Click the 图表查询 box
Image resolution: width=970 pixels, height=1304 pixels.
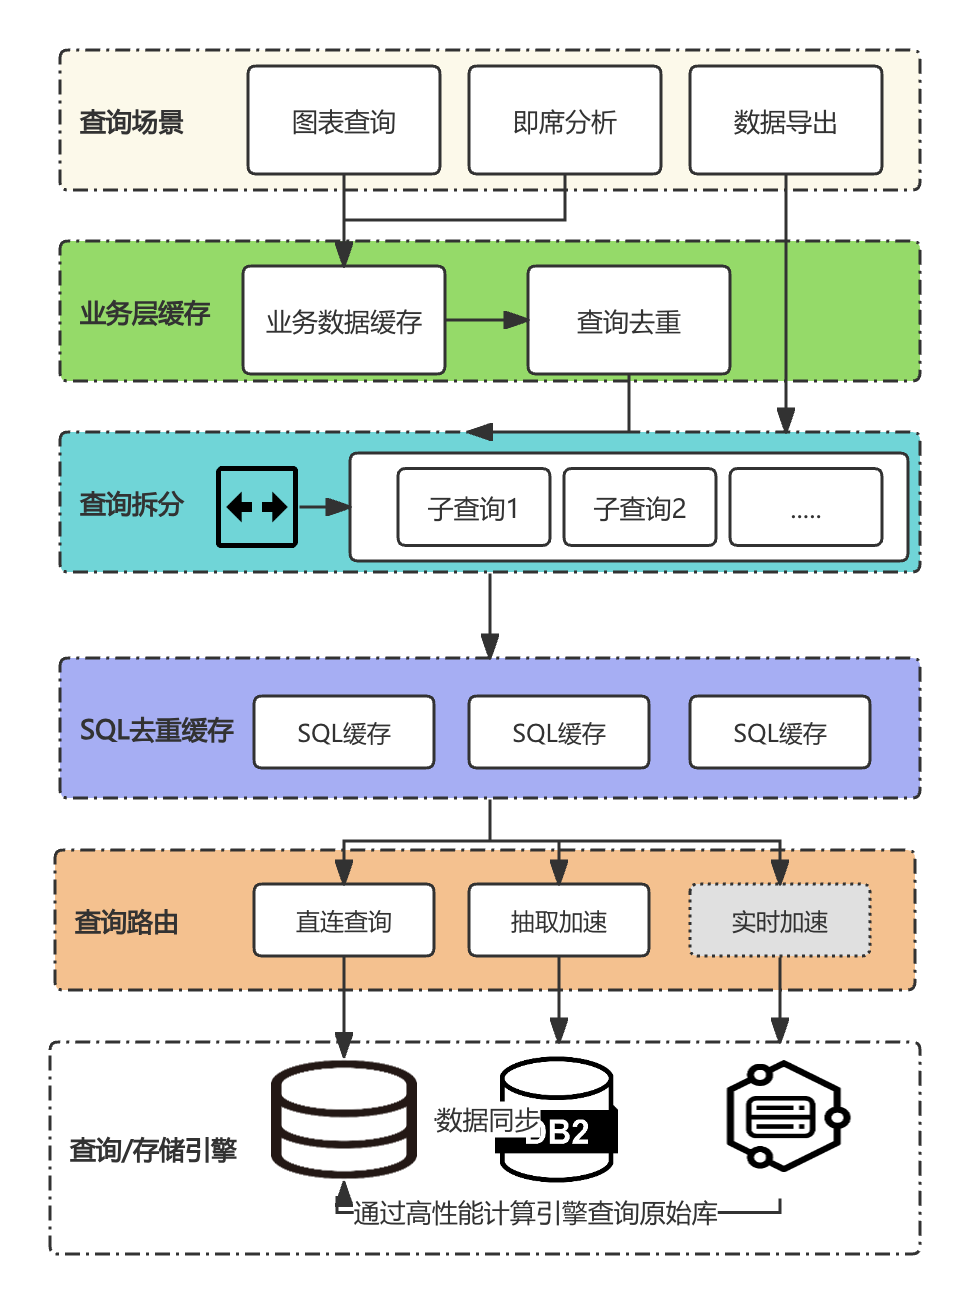point(343,120)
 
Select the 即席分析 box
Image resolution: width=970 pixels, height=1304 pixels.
point(564,120)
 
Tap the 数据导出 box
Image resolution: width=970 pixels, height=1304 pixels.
point(785,120)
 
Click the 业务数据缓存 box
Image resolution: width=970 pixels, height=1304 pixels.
point(343,320)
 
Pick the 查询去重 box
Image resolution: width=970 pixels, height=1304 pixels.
point(628,320)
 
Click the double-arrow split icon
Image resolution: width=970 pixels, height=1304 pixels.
point(256,507)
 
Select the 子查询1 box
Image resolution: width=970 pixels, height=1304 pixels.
point(473,507)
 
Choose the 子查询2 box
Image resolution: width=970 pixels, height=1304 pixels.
point(640,507)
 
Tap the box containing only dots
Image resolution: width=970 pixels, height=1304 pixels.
point(805,507)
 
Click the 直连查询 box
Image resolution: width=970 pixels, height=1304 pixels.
point(343,920)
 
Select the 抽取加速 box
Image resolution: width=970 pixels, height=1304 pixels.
point(558,920)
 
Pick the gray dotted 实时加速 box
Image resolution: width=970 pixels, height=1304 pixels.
point(780,920)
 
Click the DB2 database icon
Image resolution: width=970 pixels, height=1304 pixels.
point(556,1121)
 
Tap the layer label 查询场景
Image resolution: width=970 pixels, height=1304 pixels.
point(131,122)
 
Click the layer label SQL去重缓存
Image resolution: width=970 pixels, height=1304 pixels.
point(156,731)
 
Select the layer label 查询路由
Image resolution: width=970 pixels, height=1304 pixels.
point(126,922)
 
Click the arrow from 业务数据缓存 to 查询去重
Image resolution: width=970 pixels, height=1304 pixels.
point(486,320)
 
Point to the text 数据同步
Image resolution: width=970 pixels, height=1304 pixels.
point(487,1119)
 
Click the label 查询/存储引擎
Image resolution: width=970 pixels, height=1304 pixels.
point(153,1150)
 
